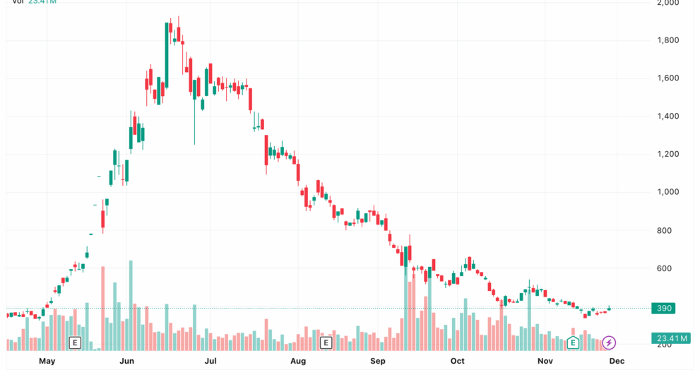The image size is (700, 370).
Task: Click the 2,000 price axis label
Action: click(668, 3)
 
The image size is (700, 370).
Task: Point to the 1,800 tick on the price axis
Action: click(668, 40)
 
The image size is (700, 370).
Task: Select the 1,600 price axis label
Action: click(668, 78)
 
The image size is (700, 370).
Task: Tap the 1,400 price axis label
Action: click(668, 117)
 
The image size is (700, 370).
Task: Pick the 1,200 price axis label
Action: click(668, 155)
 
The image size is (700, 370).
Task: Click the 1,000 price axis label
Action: click(668, 192)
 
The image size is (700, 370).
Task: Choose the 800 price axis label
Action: click(665, 231)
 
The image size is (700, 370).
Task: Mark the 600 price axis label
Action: click(665, 269)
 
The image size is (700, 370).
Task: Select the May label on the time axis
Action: click(47, 361)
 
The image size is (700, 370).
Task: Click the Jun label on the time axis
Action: click(128, 361)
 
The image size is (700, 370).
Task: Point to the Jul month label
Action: click(210, 361)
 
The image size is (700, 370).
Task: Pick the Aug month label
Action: click(297, 361)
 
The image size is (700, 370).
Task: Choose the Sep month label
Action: click(378, 361)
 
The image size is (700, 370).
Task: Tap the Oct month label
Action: click(458, 361)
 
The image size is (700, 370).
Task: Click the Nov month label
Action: click(545, 361)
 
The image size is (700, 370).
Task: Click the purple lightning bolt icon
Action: click(608, 343)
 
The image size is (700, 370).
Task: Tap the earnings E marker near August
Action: click(326, 343)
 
